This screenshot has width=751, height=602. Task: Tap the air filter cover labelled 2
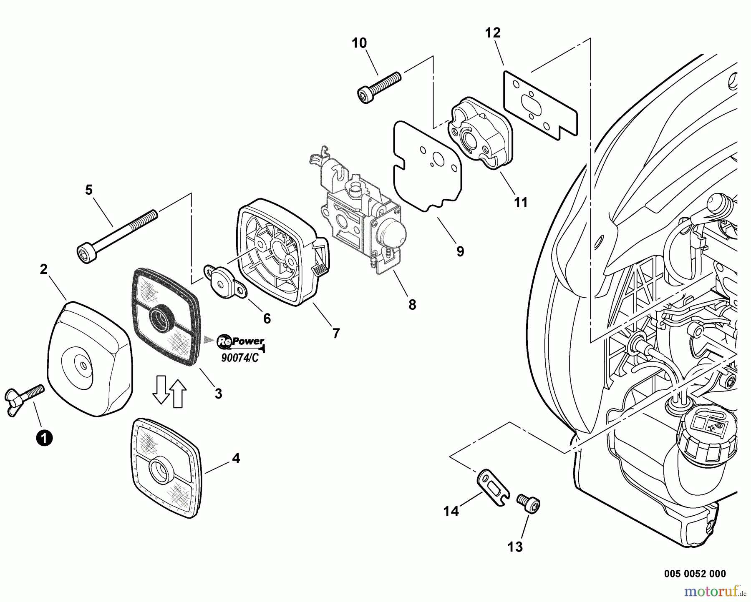[x=90, y=359]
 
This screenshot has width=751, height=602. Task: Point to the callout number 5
[x=88, y=190]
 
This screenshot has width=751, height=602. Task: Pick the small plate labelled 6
[x=224, y=279]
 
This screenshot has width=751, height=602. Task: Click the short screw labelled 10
[x=379, y=87]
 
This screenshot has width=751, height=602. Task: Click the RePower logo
[x=240, y=341]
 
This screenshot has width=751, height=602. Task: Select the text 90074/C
[x=240, y=358]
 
